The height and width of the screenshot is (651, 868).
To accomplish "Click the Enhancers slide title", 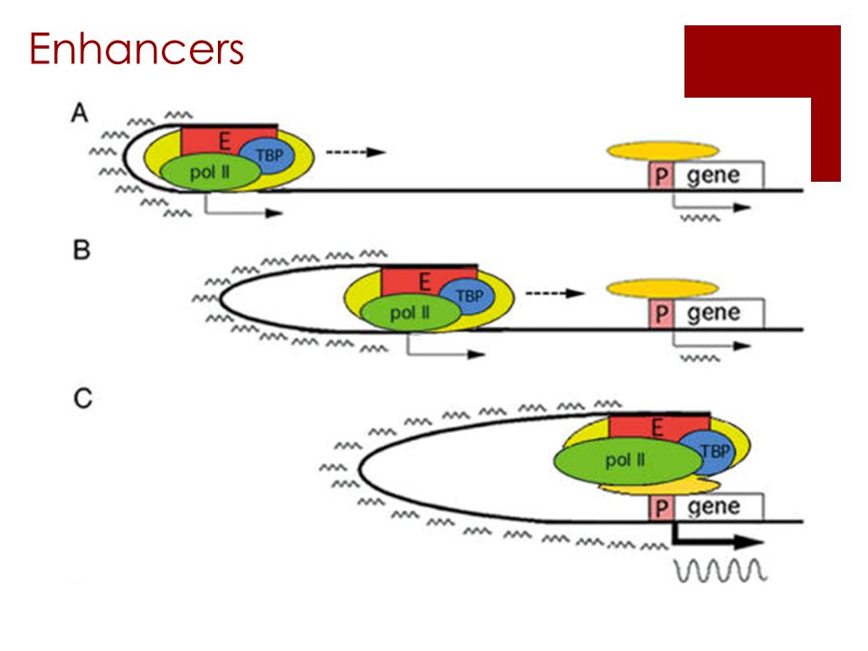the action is pos(137,49).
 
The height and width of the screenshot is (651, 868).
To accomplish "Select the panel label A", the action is pos(80,113).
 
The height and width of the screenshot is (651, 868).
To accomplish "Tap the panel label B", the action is pos(81,250).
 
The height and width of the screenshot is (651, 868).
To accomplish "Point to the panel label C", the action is pos(83,398).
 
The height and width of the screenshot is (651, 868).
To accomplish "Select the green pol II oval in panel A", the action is pos(211,173).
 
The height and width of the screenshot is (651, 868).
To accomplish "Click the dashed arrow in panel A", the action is pos(355,152).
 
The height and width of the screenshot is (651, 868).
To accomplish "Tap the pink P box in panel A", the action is pos(661,176).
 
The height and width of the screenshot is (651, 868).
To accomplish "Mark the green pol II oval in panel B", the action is pos(410,313).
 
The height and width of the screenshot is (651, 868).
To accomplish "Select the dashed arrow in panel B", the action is pos(555,293).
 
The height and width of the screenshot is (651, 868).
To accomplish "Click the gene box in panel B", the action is pos(719,314).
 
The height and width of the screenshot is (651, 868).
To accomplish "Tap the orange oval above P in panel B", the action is pos(663,288).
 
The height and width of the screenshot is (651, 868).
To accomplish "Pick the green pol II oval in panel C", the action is pos(628,460).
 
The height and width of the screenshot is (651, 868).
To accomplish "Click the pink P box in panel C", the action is pos(661,507).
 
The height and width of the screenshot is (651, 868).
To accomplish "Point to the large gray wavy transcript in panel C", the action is pos(721,571).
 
